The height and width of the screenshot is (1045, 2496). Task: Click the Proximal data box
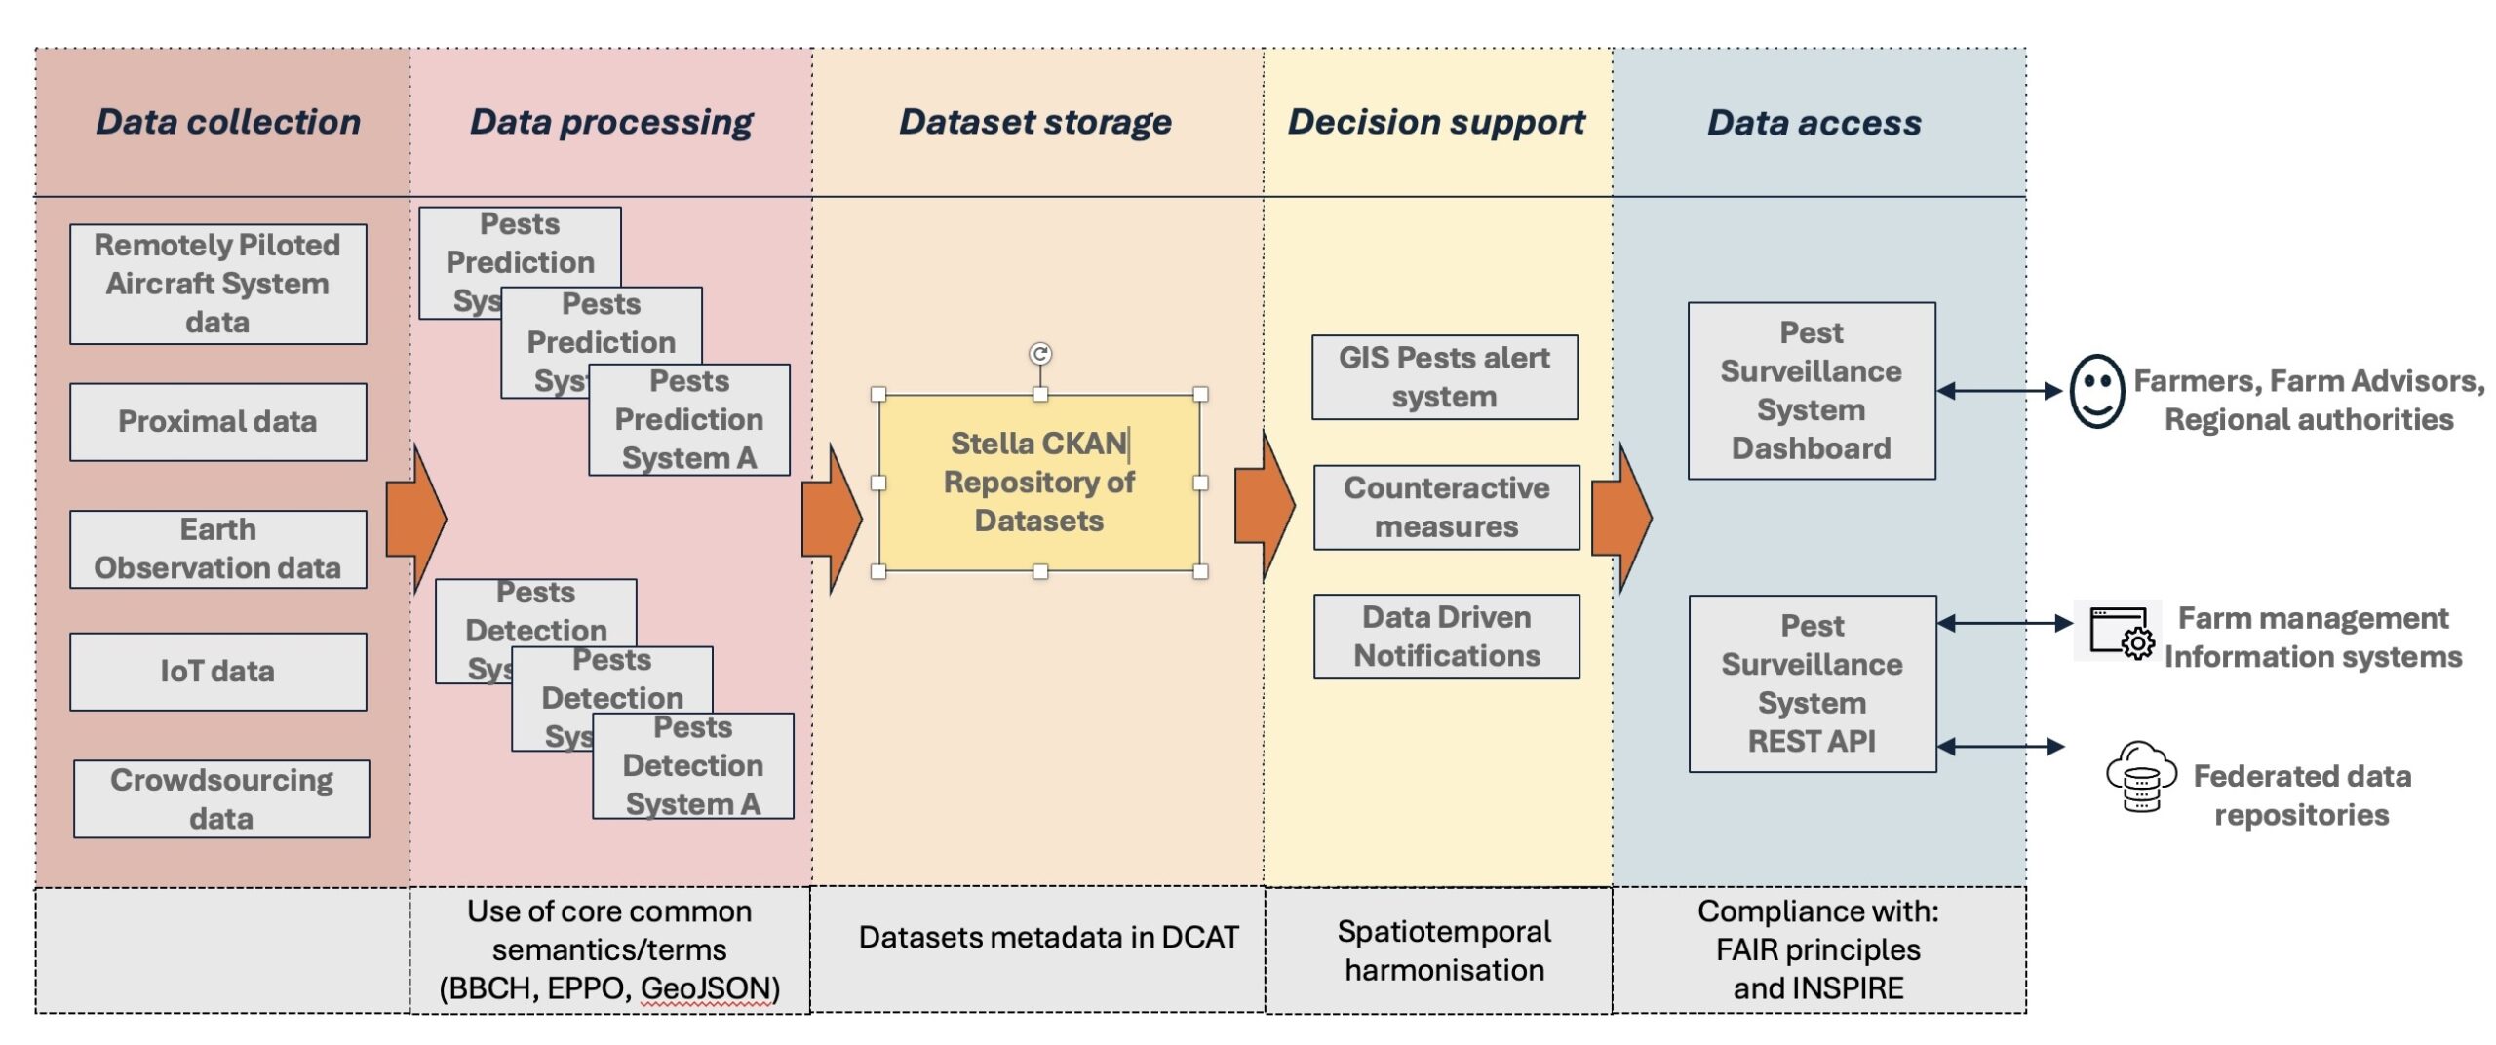[217, 421]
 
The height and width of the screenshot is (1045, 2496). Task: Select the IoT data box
[217, 672]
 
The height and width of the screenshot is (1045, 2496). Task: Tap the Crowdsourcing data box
[221, 798]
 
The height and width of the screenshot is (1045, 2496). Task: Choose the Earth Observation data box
[217, 549]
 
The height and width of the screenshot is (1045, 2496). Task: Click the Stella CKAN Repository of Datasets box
[1039, 483]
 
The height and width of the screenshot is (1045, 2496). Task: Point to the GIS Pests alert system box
[1444, 377]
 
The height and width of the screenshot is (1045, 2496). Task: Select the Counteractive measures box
[1446, 507]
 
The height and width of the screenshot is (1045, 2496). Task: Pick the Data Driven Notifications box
[1446, 637]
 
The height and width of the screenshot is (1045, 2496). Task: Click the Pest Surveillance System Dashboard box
[1812, 391]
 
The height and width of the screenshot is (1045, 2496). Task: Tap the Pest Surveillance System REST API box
[1812, 683]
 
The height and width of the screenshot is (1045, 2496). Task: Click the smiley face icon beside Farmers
[2096, 391]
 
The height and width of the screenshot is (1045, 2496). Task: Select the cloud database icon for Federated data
[2140, 776]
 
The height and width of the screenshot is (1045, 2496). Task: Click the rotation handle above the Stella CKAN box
[1040, 353]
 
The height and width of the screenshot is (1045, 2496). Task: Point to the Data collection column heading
[228, 122]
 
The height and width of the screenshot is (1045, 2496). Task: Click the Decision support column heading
[1436, 122]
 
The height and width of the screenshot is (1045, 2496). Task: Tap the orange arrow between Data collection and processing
[415, 519]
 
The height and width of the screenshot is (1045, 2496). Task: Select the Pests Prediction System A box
[689, 420]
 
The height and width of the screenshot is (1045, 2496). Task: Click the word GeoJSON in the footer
[706, 988]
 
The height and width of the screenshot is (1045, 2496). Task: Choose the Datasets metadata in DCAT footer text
[1048, 938]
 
